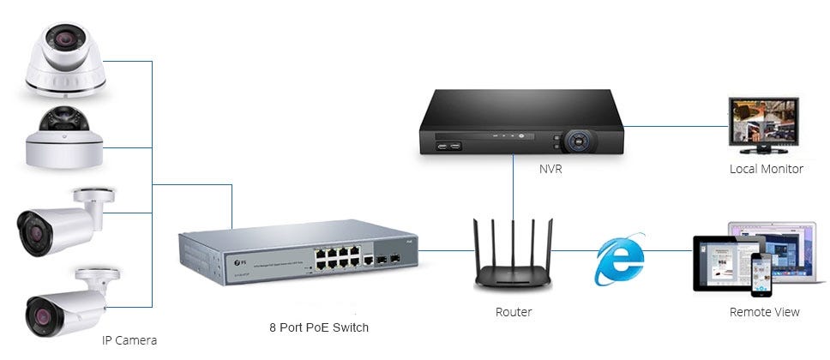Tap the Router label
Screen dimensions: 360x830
[513, 312]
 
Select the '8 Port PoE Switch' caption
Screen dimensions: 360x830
[318, 327]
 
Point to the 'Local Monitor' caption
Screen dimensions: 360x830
[766, 169]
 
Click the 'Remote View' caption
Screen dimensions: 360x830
[764, 312]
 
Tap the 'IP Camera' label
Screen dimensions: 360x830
[129, 340]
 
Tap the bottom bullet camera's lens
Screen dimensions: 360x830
[39, 318]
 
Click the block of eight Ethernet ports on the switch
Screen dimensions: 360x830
[334, 257]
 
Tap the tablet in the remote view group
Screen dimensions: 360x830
[719, 267]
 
